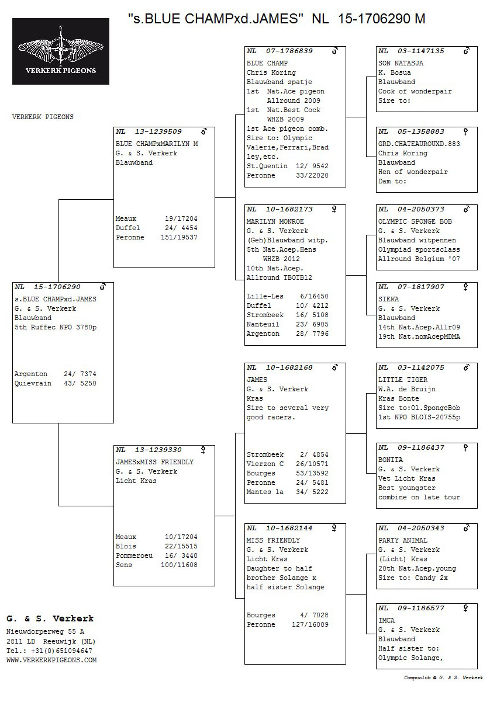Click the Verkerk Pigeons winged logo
pos(61,51)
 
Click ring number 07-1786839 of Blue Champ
pos(289,51)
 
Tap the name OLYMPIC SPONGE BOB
pos(415,221)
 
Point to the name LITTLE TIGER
pos(402,380)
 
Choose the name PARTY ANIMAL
pos(402,540)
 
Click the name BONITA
pos(390,460)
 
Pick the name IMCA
pos(386,620)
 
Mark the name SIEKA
pos(388,299)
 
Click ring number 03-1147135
pos(420,51)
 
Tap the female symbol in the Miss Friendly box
pos(334,528)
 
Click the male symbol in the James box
pos(334,367)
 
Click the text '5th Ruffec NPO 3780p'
pos(56,327)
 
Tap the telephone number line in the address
pos(49,651)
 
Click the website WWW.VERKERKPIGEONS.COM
pos(51,660)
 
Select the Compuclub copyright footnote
pos(443,677)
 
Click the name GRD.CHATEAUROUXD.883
pos(419,144)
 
